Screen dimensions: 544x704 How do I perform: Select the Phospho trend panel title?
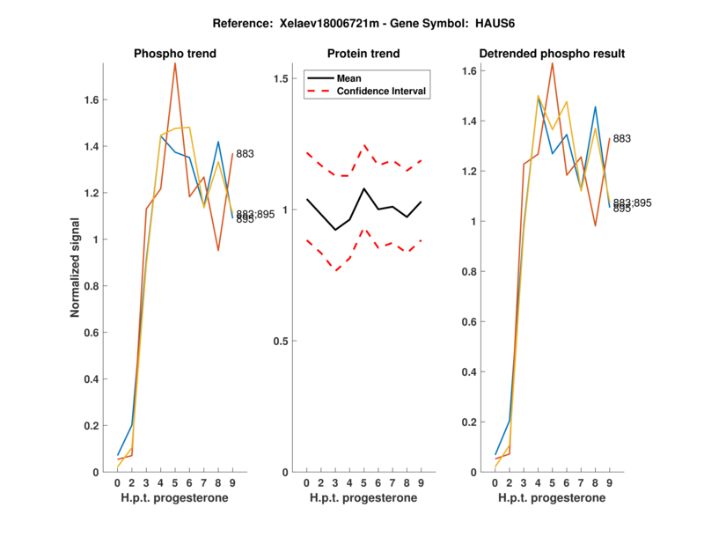[x=175, y=54]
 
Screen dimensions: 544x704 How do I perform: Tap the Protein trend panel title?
[x=363, y=54]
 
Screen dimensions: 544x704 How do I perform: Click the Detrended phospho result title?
[x=552, y=54]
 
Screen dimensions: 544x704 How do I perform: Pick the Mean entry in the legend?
[x=348, y=77]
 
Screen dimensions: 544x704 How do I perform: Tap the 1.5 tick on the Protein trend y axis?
[x=282, y=78]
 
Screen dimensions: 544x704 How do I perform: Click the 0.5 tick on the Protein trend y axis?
[x=282, y=341]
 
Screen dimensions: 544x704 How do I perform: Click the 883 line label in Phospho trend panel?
[x=246, y=154]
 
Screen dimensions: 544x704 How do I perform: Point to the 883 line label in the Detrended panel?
[x=621, y=139]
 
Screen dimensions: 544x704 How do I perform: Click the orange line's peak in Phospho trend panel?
[x=175, y=63]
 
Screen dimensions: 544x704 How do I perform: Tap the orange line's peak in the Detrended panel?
[x=552, y=63]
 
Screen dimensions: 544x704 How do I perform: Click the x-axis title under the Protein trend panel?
[x=363, y=498]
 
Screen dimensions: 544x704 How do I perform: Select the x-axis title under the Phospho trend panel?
[x=174, y=498]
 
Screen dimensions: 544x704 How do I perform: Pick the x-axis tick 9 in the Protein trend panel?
[x=421, y=482]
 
